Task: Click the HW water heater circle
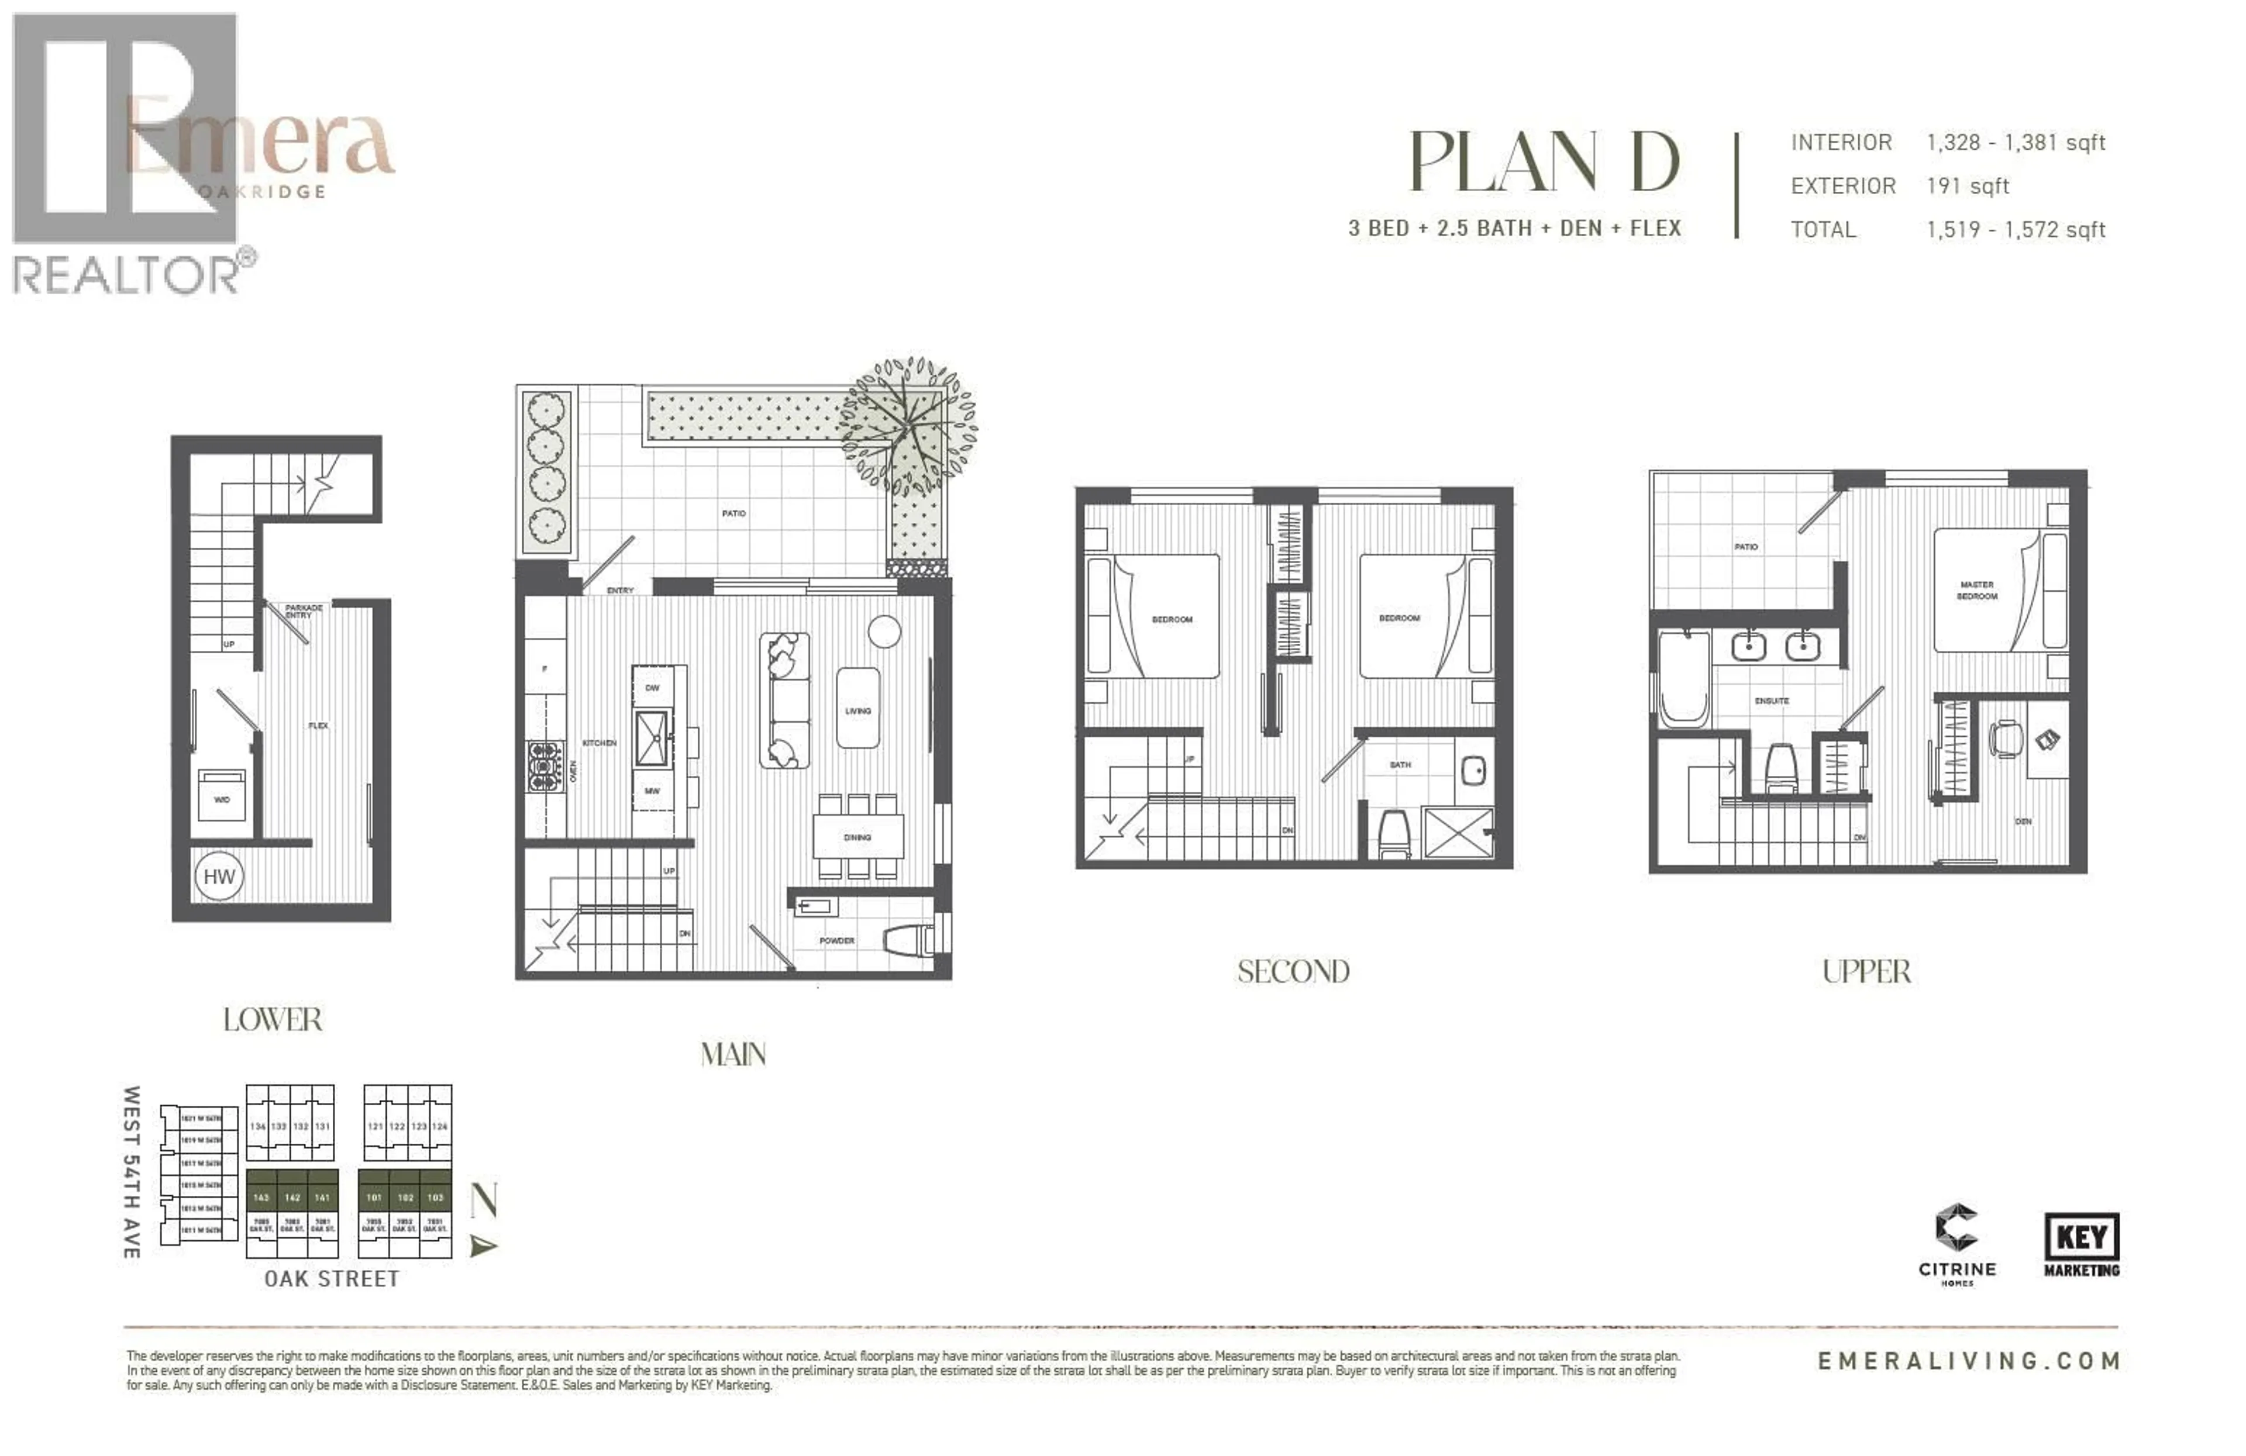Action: [x=219, y=877]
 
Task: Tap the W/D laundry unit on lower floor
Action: [x=222, y=795]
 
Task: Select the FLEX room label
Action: [x=318, y=726]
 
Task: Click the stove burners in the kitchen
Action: [x=545, y=765]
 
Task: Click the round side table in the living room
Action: [x=884, y=632]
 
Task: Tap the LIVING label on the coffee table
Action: [x=858, y=710]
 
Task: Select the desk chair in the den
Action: [x=2004, y=737]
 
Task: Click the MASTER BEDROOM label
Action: [x=1977, y=591]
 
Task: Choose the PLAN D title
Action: [x=1544, y=161]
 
